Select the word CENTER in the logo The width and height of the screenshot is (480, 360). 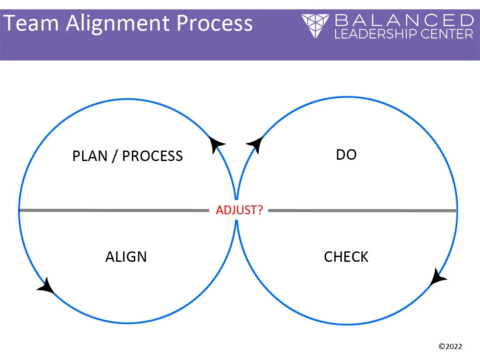click(450, 34)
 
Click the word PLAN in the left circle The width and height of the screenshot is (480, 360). click(89, 156)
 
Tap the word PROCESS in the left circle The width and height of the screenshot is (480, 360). click(152, 156)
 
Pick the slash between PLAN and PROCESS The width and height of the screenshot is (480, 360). click(114, 156)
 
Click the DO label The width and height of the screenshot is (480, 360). click(346, 154)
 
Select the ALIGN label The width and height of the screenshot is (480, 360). click(126, 257)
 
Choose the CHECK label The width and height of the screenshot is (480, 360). click(346, 257)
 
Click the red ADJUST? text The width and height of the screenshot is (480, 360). click(239, 210)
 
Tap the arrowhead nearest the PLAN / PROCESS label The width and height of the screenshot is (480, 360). click(216, 144)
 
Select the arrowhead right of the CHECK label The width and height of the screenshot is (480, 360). click(438, 278)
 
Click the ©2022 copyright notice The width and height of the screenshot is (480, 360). click(450, 346)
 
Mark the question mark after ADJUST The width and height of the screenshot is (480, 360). click(260, 210)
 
